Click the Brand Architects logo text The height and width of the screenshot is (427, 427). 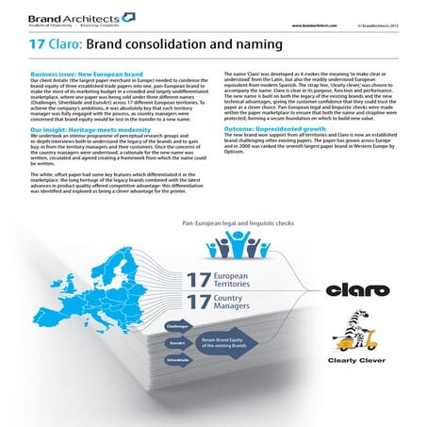pos(51,19)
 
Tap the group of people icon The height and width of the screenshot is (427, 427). pos(234,249)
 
